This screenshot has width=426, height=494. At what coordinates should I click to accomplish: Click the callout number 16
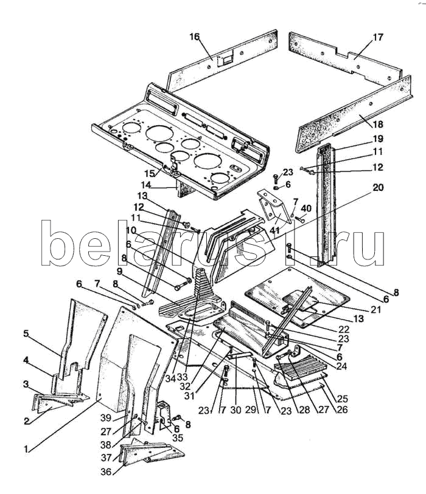tap(195, 37)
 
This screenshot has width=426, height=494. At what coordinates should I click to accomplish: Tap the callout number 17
tap(378, 37)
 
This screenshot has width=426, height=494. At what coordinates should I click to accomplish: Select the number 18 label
tap(377, 124)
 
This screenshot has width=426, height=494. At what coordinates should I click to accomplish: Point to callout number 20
tap(378, 188)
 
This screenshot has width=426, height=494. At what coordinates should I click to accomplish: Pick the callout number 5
tap(26, 334)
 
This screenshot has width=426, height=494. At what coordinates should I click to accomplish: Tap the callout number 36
tap(106, 472)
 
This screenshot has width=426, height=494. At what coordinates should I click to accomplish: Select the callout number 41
tap(275, 230)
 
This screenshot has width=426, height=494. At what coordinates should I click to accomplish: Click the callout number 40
tap(306, 208)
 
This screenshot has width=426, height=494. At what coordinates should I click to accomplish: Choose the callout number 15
tap(150, 173)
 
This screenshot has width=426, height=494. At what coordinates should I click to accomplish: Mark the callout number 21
tap(376, 310)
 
